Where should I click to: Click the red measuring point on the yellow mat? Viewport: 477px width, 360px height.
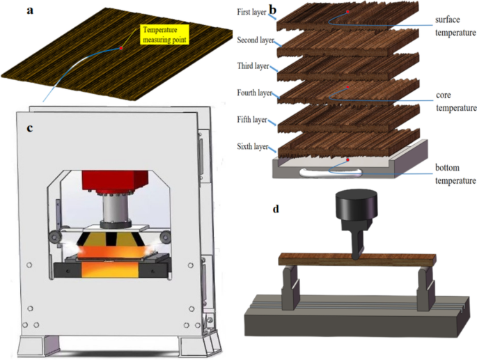[x=121, y=48]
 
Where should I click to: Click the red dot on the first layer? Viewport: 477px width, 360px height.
[x=348, y=12]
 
